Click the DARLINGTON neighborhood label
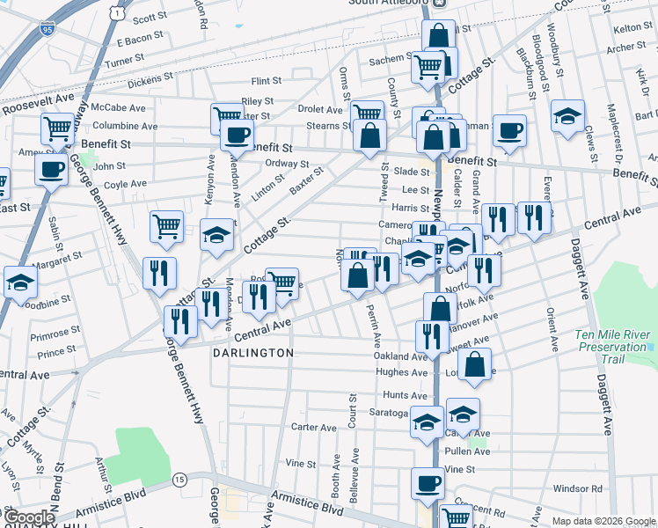[x=252, y=352]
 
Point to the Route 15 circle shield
[x=179, y=479]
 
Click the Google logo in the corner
[x=29, y=517]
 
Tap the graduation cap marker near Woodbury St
[x=568, y=116]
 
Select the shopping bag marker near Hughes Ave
[x=474, y=368]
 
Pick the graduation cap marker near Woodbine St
[x=19, y=283]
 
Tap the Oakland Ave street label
[x=400, y=356]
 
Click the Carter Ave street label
[x=315, y=428]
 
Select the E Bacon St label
[x=141, y=38]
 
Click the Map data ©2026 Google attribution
[x=603, y=521]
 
